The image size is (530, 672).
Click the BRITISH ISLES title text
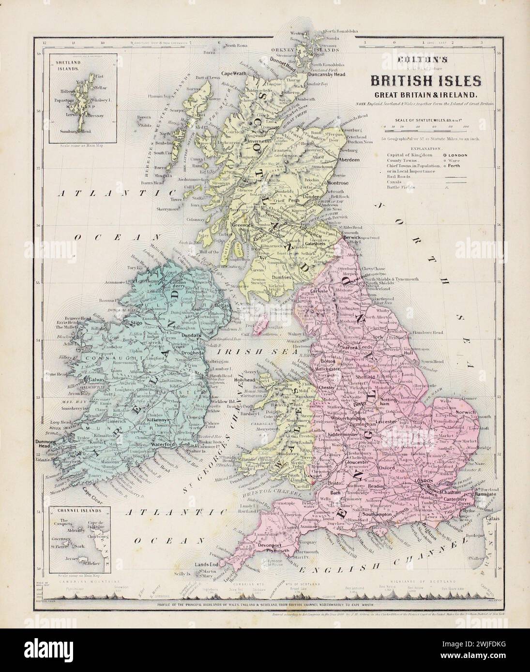coord(426,79)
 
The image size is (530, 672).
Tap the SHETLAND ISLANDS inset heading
coord(56,66)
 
